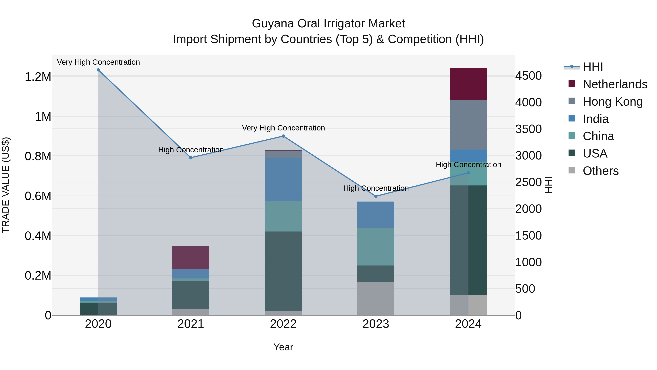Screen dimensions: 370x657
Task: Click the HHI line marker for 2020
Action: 98,70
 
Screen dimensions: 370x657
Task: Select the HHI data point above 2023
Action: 376,196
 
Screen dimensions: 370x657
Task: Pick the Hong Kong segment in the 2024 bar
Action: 468,125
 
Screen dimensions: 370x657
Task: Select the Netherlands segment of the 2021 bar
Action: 191,258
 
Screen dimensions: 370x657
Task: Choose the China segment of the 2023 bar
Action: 376,246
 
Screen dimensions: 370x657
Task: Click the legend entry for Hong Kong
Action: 612,102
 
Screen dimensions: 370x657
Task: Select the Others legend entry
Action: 600,171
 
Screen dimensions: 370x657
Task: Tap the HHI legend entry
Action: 592,67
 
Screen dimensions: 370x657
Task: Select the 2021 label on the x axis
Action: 191,324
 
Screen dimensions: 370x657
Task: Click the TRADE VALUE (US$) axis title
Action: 6,185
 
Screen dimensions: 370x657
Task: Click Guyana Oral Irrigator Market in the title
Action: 328,24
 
